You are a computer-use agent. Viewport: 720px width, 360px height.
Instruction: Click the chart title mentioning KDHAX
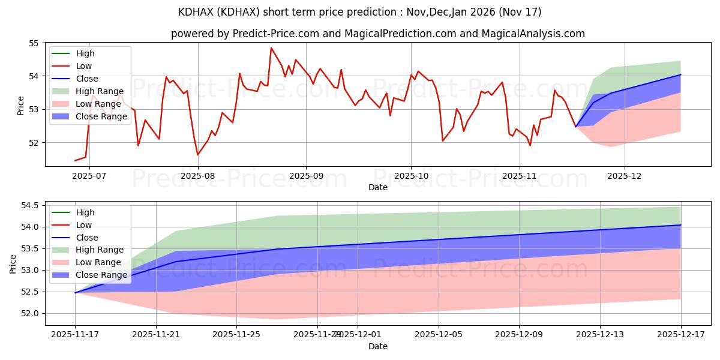tap(360, 12)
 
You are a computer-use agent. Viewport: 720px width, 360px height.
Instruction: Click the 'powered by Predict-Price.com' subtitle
tap(378, 34)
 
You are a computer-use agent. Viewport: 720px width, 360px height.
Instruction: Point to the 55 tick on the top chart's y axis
tap(34, 43)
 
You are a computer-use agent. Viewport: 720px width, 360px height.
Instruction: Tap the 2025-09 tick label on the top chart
tap(306, 176)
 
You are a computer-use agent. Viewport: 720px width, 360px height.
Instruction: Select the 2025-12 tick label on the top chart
tap(625, 176)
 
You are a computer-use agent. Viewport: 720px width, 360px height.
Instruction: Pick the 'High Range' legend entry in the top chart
tap(100, 91)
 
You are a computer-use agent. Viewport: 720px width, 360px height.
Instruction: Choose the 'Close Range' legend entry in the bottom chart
tap(102, 275)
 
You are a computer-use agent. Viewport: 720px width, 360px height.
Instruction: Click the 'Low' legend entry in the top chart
tap(84, 66)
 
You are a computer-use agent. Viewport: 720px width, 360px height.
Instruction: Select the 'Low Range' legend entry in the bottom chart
tap(100, 262)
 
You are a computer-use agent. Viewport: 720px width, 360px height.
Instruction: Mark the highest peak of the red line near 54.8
tap(271, 48)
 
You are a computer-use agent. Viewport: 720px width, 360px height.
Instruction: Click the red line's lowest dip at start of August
tap(198, 155)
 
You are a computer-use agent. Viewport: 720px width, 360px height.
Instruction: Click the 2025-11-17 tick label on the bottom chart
tap(75, 334)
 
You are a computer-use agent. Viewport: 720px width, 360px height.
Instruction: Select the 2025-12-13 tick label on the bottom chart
tap(600, 334)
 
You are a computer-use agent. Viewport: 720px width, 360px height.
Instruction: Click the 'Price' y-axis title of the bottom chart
tap(13, 263)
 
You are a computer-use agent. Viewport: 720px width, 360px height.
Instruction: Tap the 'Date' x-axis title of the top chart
tap(378, 187)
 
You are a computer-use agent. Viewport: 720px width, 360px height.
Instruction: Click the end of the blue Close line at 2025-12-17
tap(680, 225)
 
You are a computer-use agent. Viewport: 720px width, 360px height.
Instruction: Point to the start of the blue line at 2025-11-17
tap(75, 292)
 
